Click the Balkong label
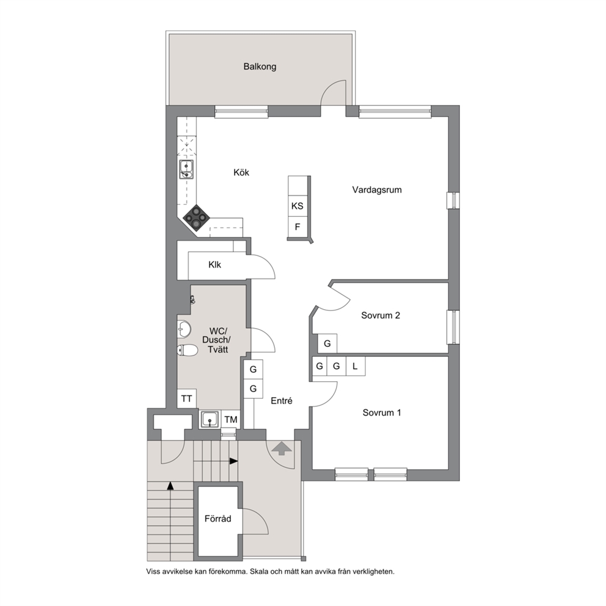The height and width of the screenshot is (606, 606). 260,67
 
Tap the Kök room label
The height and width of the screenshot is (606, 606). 241,172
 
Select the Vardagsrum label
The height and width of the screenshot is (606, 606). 377,190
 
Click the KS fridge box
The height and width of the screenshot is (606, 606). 298,206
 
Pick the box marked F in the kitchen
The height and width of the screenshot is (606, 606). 298,227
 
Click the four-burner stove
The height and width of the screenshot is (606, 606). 197,218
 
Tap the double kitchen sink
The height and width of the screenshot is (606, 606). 186,170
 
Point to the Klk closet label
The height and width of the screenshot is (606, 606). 214,265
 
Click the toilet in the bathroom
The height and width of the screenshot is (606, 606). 188,351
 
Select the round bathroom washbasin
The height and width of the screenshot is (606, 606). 184,329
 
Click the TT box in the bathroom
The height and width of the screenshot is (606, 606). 187,398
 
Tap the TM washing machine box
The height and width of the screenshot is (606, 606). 231,420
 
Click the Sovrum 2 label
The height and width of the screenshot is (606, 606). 381,315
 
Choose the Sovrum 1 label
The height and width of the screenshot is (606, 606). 382,413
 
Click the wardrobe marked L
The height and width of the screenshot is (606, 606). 356,366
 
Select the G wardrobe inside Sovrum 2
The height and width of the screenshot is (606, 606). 327,343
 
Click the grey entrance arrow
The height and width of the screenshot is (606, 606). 282,448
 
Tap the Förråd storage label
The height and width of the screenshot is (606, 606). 218,519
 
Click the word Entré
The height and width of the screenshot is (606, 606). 282,401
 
